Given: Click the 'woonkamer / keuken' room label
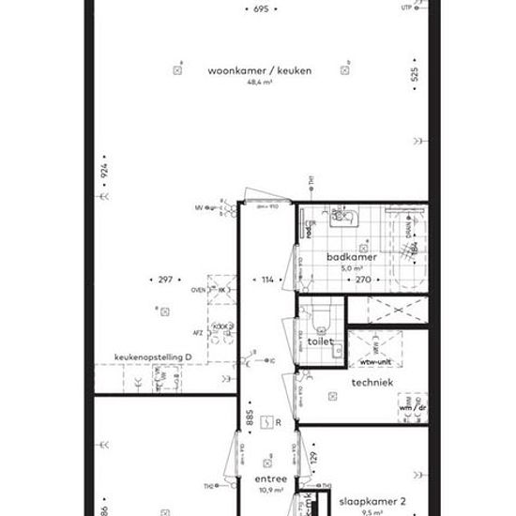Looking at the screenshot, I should click(x=260, y=69).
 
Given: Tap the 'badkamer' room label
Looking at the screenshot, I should click(x=352, y=256).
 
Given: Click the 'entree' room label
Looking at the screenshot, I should click(x=270, y=478).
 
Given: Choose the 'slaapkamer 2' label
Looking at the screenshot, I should click(x=372, y=502).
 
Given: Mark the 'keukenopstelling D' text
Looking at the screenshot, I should click(x=153, y=357).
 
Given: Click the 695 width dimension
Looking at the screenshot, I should click(x=261, y=8).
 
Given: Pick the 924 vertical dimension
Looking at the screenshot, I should click(x=106, y=173).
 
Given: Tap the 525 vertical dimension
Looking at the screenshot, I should click(x=415, y=77).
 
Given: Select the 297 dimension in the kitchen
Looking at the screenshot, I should click(x=165, y=280).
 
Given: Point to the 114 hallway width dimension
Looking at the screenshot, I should click(x=267, y=280).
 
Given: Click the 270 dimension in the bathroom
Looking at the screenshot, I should click(x=362, y=280).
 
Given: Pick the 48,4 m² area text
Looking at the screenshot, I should click(x=259, y=83).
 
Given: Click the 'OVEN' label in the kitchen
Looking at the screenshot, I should click(x=198, y=290).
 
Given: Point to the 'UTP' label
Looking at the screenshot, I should click(x=405, y=8).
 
